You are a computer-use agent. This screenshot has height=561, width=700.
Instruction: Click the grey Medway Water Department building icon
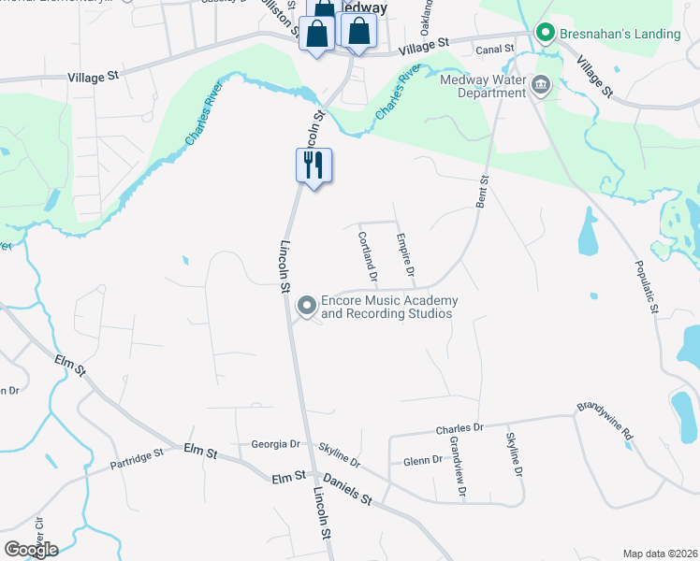click(541, 87)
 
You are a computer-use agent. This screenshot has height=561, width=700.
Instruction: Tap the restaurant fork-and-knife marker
click(314, 165)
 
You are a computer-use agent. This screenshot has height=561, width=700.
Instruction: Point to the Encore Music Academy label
click(389, 307)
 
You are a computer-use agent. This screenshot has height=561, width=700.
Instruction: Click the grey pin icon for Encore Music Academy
click(306, 306)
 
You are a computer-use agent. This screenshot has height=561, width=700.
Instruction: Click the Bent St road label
click(483, 192)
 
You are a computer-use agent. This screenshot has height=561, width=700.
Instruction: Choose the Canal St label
click(495, 49)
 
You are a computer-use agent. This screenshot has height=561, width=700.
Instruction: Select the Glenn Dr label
click(423, 460)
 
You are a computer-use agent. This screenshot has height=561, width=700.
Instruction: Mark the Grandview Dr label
click(457, 465)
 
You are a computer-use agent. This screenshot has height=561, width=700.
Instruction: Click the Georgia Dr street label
click(275, 444)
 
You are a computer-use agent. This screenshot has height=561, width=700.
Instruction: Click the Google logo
click(31, 549)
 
